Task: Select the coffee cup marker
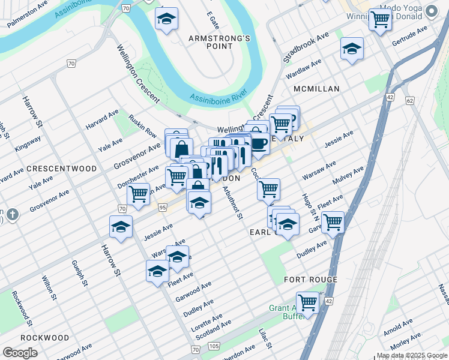[259, 144]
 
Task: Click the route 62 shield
[410, 101]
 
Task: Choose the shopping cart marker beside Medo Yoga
[379, 20]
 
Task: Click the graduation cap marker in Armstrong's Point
[166, 19]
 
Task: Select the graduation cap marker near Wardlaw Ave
[352, 49]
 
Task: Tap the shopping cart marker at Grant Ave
[307, 302]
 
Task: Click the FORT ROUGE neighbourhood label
[311, 280]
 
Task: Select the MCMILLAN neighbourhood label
[316, 89]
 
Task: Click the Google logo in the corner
[20, 353]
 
